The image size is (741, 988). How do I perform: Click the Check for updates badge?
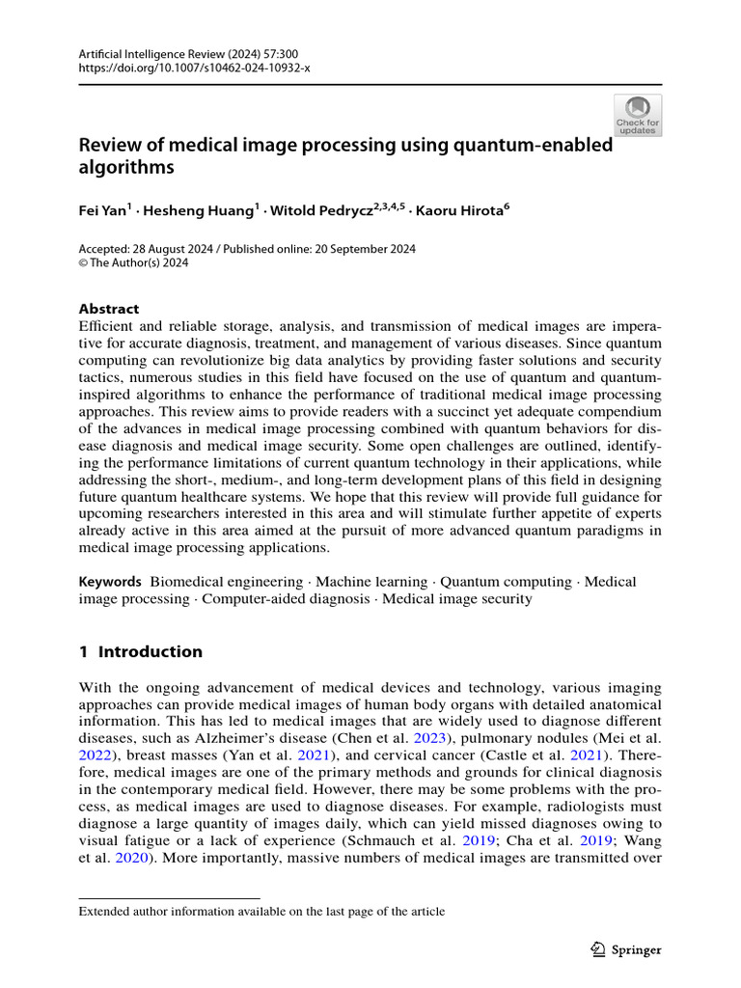(638, 115)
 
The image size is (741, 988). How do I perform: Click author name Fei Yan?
(104, 208)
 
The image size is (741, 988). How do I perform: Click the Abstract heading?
(108, 309)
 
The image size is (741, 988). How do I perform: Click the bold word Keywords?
(110, 582)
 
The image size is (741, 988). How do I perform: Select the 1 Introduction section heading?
(141, 651)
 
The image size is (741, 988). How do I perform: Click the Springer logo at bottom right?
(626, 949)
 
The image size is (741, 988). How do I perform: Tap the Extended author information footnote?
(261, 911)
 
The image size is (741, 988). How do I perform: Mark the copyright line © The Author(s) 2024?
(133, 262)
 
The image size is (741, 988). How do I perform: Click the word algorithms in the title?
(126, 167)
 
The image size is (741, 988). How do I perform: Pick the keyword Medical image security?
(457, 598)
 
